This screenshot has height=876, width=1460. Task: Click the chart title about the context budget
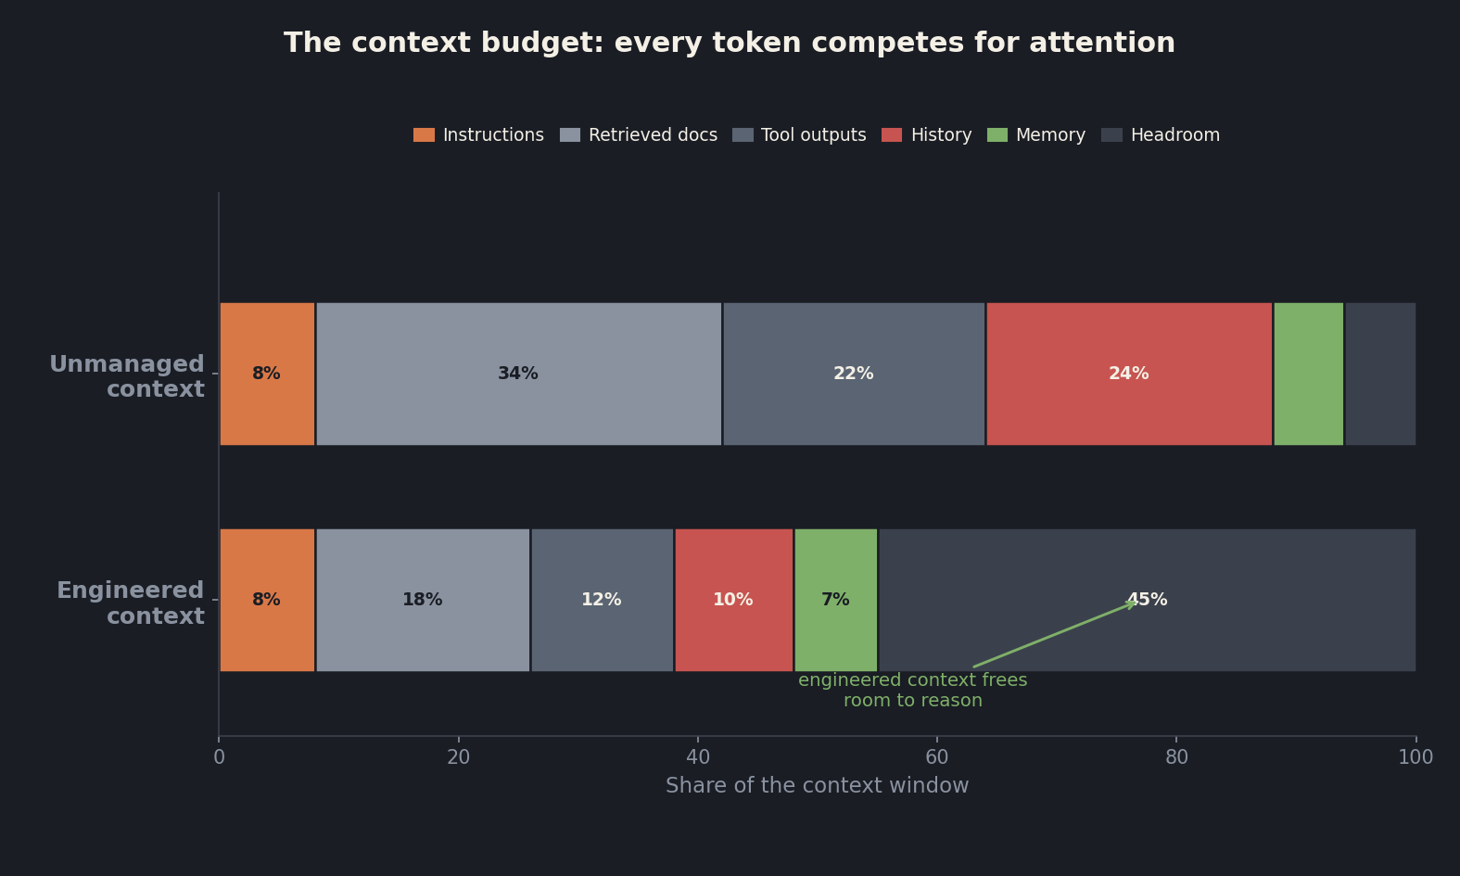(730, 43)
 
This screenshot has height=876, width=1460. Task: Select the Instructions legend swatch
(424, 135)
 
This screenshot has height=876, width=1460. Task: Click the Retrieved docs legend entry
(639, 135)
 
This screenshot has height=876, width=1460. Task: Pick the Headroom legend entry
(1161, 135)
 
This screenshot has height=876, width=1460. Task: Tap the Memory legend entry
(1036, 135)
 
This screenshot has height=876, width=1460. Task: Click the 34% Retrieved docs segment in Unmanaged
(519, 375)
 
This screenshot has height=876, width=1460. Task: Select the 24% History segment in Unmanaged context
(1129, 375)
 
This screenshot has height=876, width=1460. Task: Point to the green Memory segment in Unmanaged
(1309, 375)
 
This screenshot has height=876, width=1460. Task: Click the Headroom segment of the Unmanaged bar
(1380, 375)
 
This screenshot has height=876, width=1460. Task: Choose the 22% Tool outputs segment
(854, 375)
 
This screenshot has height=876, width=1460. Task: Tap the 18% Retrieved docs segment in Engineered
(423, 601)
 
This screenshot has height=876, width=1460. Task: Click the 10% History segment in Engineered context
(734, 601)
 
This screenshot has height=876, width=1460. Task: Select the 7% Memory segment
(836, 601)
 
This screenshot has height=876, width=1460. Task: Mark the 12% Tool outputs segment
(603, 601)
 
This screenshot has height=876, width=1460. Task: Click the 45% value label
(1148, 600)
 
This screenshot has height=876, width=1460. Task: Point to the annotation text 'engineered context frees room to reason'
(912, 691)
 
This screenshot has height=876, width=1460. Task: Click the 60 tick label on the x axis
(937, 757)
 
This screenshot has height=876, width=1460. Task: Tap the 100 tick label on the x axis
(1416, 757)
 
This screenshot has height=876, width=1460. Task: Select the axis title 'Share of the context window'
(817, 785)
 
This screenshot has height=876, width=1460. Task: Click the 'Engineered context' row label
(131, 603)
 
